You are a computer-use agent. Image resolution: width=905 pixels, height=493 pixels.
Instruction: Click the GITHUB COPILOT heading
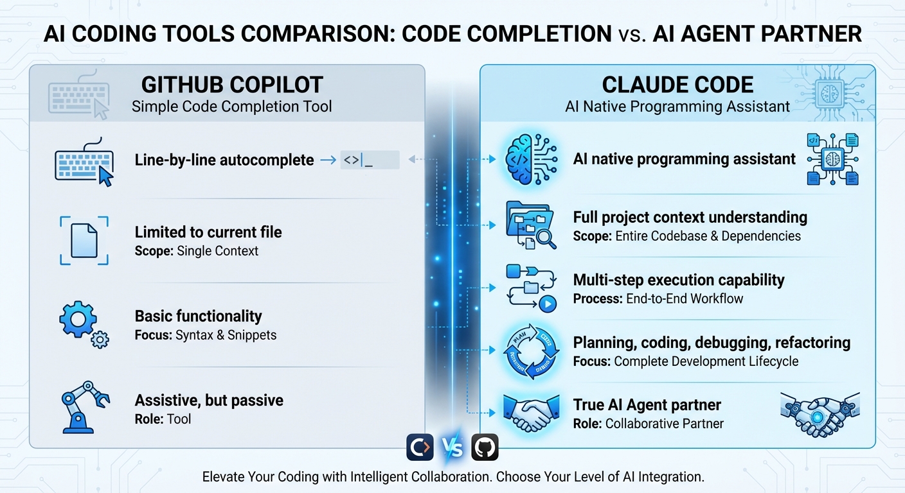(x=231, y=85)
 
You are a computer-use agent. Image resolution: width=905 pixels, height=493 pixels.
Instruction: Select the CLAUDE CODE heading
(x=677, y=85)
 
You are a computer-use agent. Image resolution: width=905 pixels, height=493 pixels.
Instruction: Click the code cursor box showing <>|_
(x=370, y=160)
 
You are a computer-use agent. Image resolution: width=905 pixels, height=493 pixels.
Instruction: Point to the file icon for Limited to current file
(x=84, y=240)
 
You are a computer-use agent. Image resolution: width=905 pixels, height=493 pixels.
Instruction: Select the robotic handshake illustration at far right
(x=819, y=415)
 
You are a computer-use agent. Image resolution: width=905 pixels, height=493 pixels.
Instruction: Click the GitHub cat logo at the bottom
(x=485, y=447)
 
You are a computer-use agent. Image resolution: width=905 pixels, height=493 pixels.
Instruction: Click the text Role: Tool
(x=163, y=419)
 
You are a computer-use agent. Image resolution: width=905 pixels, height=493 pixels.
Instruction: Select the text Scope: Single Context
(x=196, y=251)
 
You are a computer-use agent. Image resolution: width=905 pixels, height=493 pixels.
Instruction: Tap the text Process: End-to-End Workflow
(x=658, y=298)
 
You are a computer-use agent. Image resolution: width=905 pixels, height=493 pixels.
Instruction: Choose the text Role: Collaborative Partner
(x=648, y=424)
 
